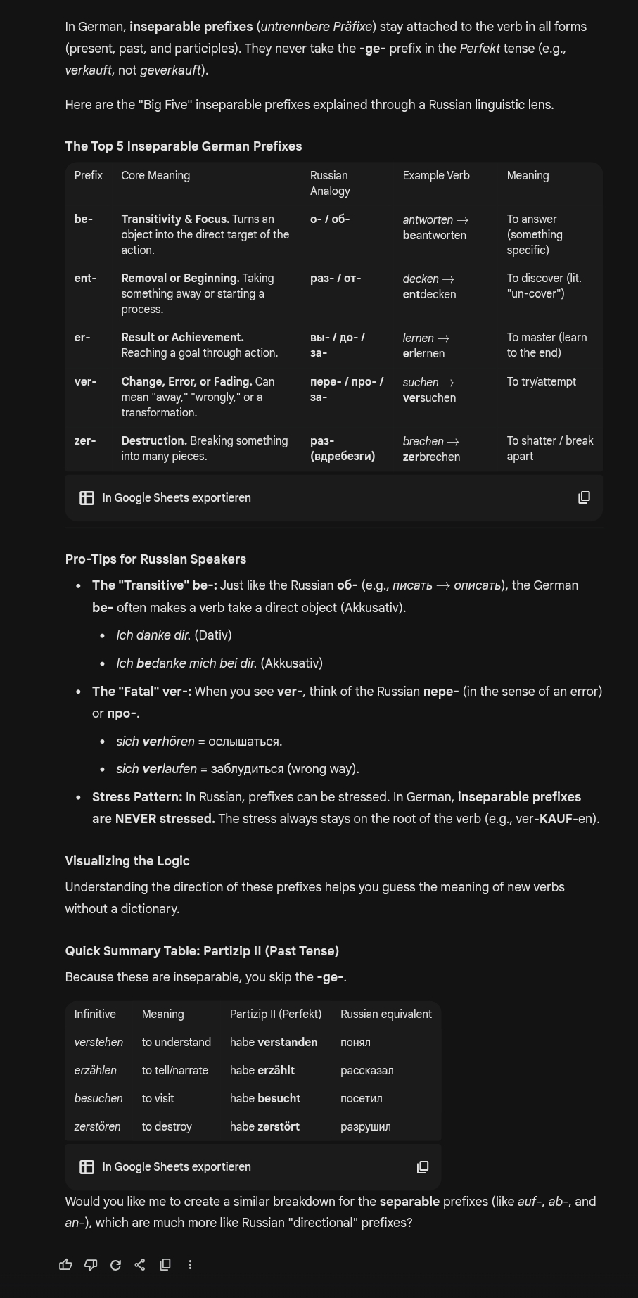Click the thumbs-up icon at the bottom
coord(66,1264)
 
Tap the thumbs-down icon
coord(91,1264)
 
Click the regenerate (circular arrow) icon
coord(115,1264)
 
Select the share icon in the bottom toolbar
coord(140,1264)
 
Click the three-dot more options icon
coord(190,1264)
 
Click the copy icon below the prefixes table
coord(584,497)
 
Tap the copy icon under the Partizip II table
coord(423,1166)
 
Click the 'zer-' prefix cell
coord(85,440)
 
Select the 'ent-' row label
coord(85,278)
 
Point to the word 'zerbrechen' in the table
coord(431,457)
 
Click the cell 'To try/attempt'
coord(541,381)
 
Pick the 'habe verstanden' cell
coord(274,1042)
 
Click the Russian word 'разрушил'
coord(366,1126)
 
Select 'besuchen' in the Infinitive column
coord(98,1098)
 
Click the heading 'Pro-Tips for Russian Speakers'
coord(155,559)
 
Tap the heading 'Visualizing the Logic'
coord(127,861)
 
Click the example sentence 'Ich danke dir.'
coord(154,635)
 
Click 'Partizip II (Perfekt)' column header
coord(276,1014)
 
